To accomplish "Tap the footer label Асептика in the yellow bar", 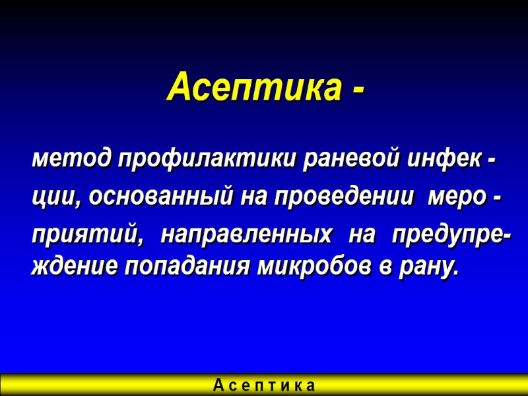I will pos(264,385).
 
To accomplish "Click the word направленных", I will pos(247,235).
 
